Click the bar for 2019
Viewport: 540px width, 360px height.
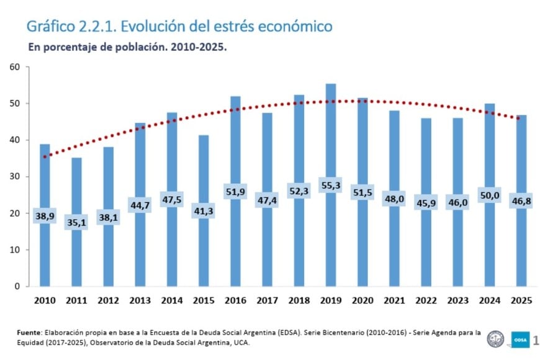tap(330, 137)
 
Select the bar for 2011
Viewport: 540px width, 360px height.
tap(76, 186)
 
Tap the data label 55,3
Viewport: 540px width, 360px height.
tap(330, 186)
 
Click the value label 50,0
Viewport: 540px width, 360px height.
tap(488, 196)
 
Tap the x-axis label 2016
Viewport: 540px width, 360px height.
tap(235, 301)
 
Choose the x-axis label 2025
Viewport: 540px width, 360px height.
tap(520, 301)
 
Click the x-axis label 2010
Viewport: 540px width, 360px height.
tap(45, 301)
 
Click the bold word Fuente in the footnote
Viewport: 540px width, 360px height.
tap(30, 333)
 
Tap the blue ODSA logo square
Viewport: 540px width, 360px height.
tap(519, 339)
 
